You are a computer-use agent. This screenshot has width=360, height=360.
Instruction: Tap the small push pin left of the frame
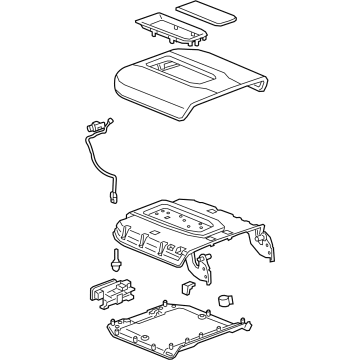tap(118, 262)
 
